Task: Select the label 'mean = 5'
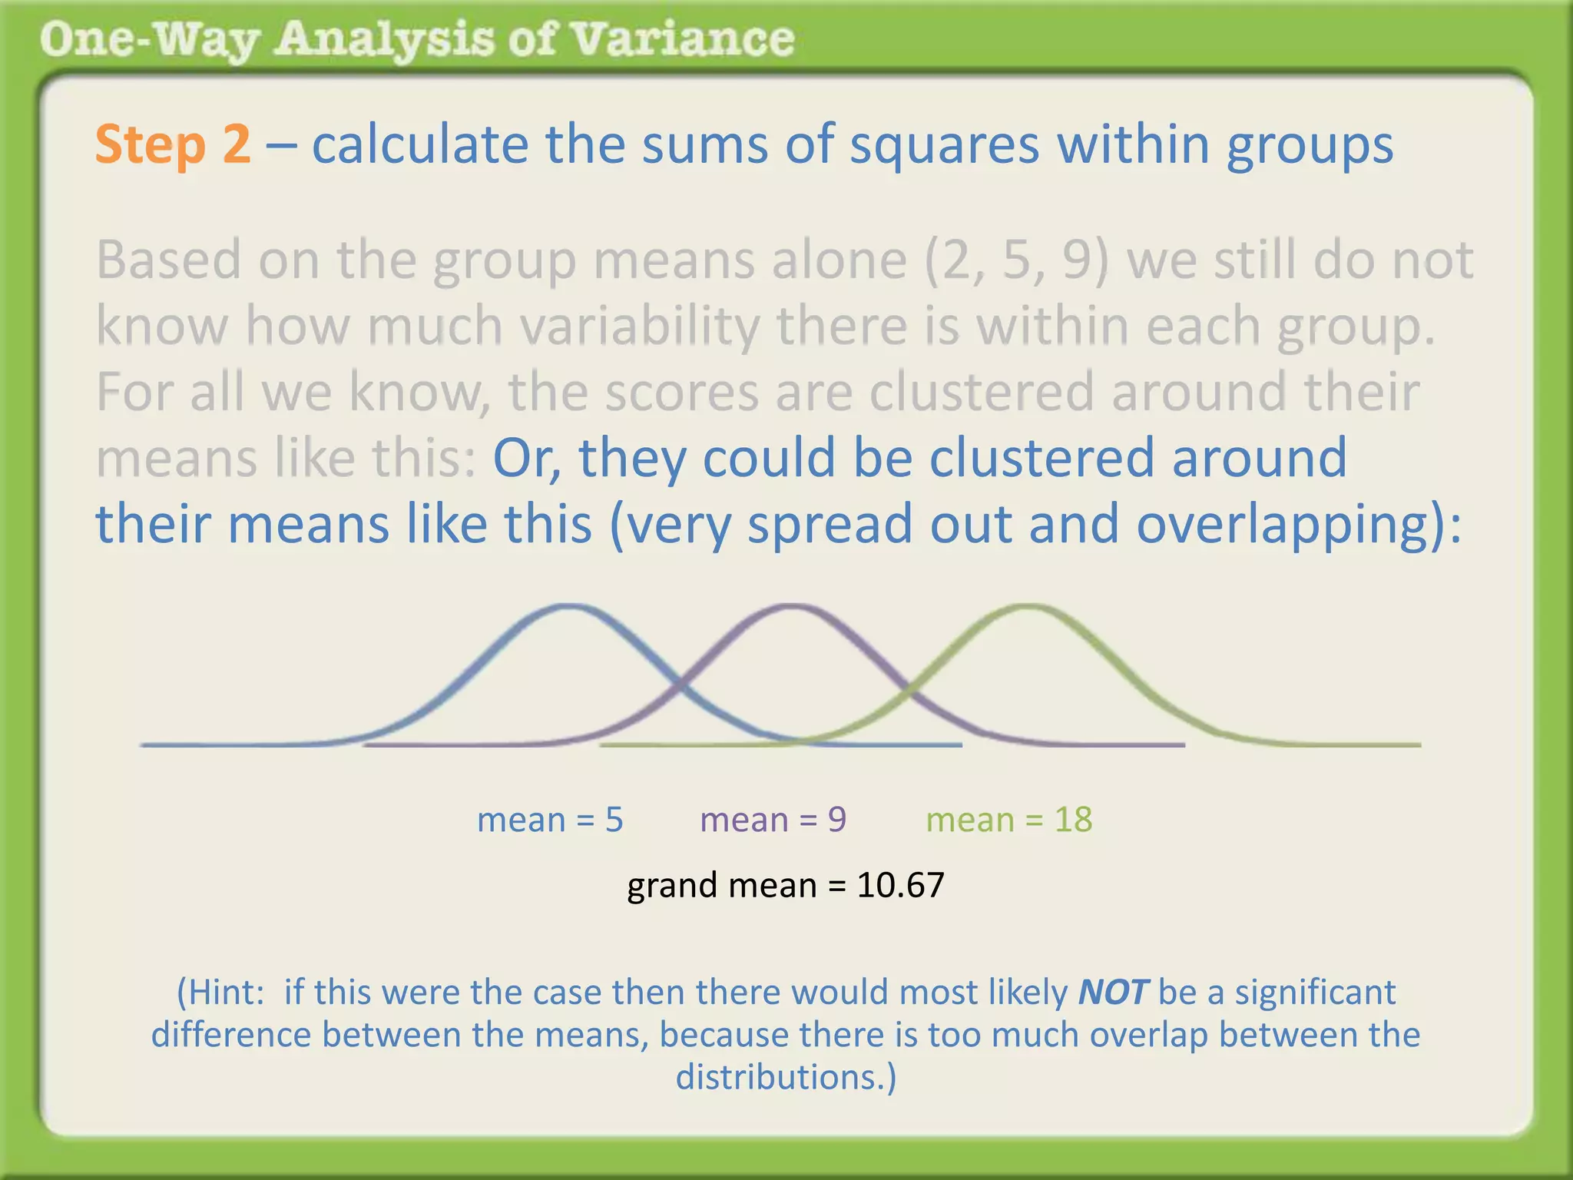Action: [550, 820]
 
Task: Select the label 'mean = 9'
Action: [773, 820]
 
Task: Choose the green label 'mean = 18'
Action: [1008, 820]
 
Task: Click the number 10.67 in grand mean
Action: [900, 885]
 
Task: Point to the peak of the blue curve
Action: [569, 607]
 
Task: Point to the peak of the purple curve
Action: [793, 607]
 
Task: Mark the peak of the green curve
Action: [1028, 607]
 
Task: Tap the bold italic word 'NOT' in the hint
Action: [1113, 992]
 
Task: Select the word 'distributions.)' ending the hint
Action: [786, 1077]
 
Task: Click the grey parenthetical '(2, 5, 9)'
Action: [1017, 260]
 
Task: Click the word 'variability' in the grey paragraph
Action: [639, 326]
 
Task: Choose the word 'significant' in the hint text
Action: [1315, 992]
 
